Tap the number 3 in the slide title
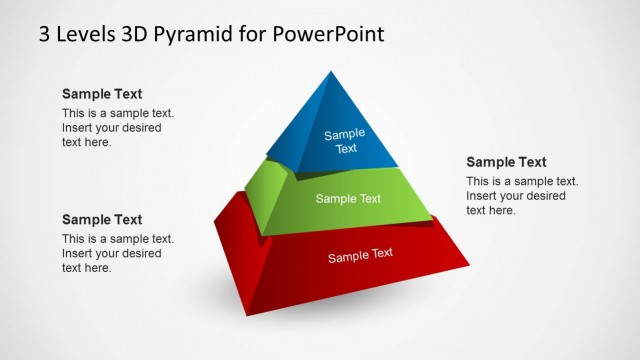[x=45, y=33]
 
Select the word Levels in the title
[x=85, y=33]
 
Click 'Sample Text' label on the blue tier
[x=345, y=141]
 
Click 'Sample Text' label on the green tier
[x=348, y=198]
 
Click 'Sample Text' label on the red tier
[x=360, y=255]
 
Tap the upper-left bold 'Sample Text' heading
[x=102, y=94]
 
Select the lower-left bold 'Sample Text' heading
[x=102, y=219]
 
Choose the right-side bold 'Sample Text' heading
[x=506, y=162]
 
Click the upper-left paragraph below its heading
[x=112, y=127]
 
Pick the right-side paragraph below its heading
[x=521, y=195]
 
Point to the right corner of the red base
[x=469, y=265]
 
